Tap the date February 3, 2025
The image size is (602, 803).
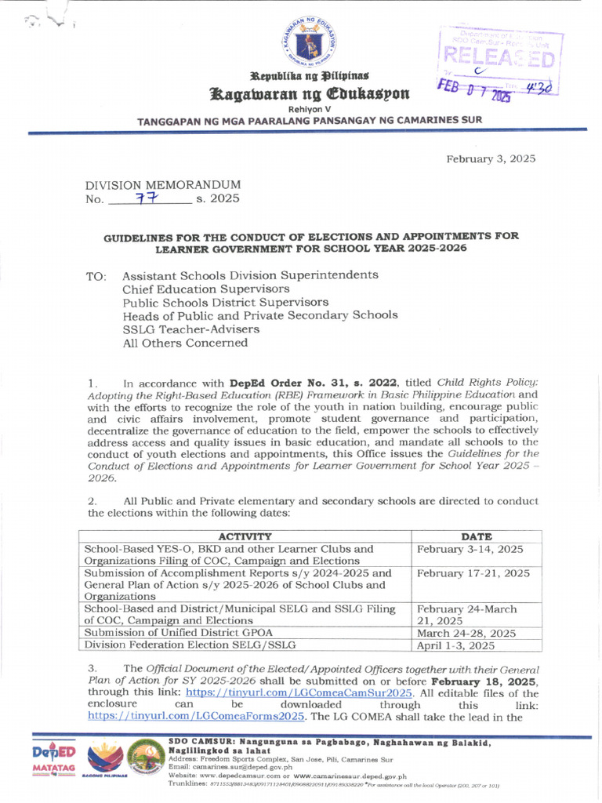[x=491, y=158]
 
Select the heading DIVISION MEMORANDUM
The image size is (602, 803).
[x=162, y=184]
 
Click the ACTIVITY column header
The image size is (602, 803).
[x=245, y=536]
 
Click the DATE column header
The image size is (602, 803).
[x=477, y=536]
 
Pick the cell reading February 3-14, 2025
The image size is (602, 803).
[x=470, y=550]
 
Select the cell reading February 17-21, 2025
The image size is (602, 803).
[x=473, y=574]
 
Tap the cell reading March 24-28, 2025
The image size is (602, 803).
[x=466, y=633]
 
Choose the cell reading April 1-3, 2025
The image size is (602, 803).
[x=455, y=646]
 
